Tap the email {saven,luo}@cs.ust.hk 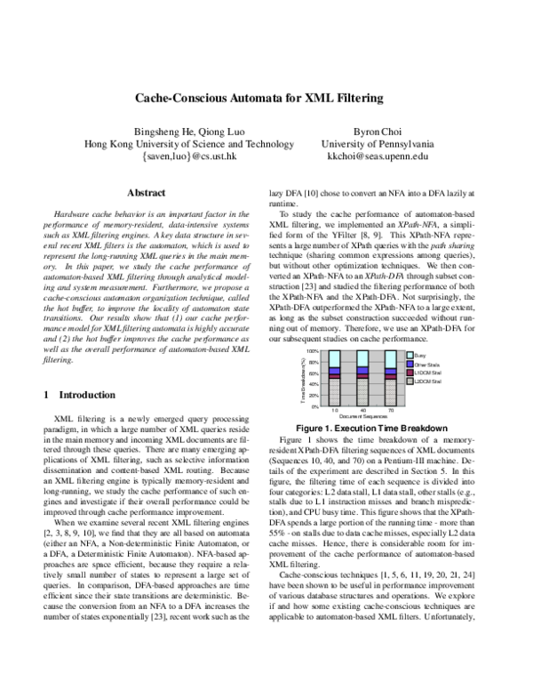click(x=181, y=156)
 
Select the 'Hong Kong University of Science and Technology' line click(x=181, y=142)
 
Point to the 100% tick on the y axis click(x=314, y=352)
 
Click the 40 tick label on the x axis click(x=362, y=412)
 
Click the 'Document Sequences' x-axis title click(x=362, y=417)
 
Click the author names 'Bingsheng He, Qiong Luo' click(x=181, y=129)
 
